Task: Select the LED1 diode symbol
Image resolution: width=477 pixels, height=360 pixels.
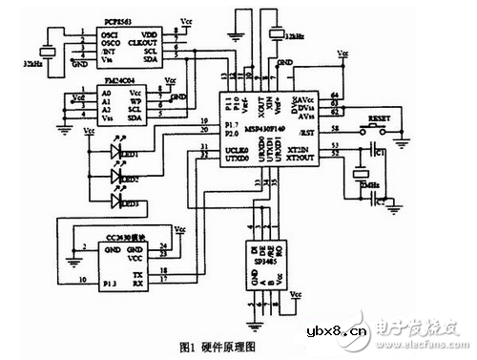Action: pos(119,150)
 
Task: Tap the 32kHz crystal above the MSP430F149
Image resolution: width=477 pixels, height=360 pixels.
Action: pos(279,35)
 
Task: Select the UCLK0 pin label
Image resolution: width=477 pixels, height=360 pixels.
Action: pos(237,151)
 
